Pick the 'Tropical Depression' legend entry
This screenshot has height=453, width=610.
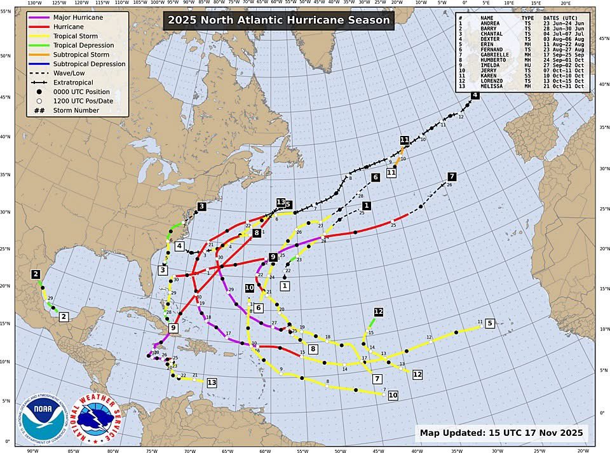(x=83, y=45)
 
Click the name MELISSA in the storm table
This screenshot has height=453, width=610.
(x=492, y=86)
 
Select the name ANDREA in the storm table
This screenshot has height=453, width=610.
(x=491, y=24)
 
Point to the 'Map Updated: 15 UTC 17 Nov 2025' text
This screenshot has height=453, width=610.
(x=501, y=433)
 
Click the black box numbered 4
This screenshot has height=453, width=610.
(x=475, y=95)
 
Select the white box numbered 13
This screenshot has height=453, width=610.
(x=212, y=382)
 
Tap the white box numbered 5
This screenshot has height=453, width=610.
(x=489, y=323)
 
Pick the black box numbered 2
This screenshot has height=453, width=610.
(x=36, y=274)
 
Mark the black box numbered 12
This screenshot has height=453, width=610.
(x=379, y=311)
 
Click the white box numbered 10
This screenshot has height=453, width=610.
(x=393, y=395)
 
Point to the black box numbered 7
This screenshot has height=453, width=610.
(x=452, y=176)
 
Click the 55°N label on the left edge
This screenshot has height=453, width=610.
(x=5, y=11)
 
